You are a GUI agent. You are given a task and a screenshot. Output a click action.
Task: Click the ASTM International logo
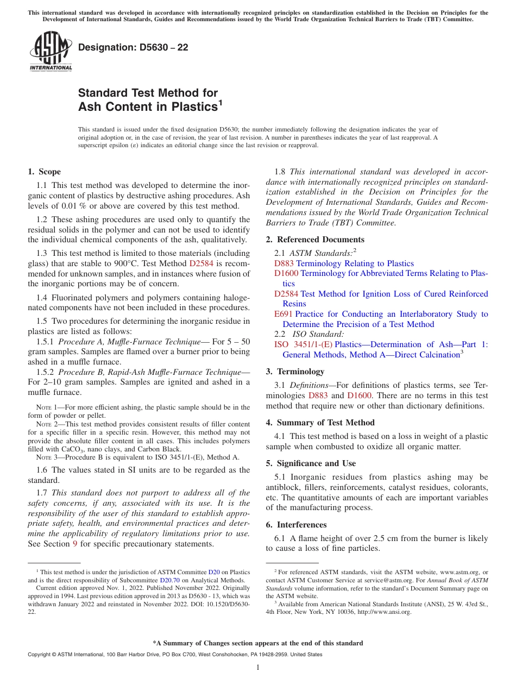coord(51,51)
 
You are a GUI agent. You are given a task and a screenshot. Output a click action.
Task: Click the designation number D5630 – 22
coord(133,48)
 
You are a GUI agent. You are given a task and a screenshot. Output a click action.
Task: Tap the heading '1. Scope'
coord(44,172)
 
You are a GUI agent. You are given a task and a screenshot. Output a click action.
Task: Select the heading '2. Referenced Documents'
coord(315,240)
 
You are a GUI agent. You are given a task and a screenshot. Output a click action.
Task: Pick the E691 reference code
coord(284,314)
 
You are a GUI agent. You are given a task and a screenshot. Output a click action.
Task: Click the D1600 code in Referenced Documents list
coord(286,273)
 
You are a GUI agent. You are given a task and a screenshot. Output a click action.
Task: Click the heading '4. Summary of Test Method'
coord(320,423)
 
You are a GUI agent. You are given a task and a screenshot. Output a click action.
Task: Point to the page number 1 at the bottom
coord(258,667)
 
